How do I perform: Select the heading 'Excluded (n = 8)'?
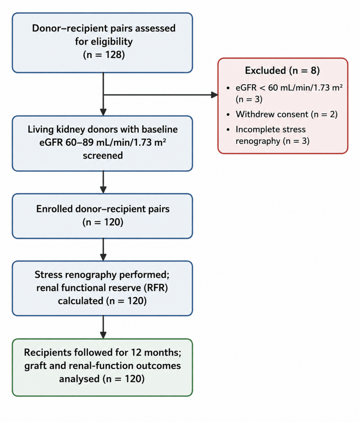point(282,70)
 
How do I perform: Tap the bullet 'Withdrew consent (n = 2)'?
point(287,115)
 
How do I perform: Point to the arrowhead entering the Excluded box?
point(214,95)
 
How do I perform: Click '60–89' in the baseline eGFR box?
point(79,142)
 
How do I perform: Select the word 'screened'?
point(103,155)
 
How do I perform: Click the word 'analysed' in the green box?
point(80,379)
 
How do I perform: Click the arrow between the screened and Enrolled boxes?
point(103,182)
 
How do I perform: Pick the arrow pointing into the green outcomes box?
point(103,327)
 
